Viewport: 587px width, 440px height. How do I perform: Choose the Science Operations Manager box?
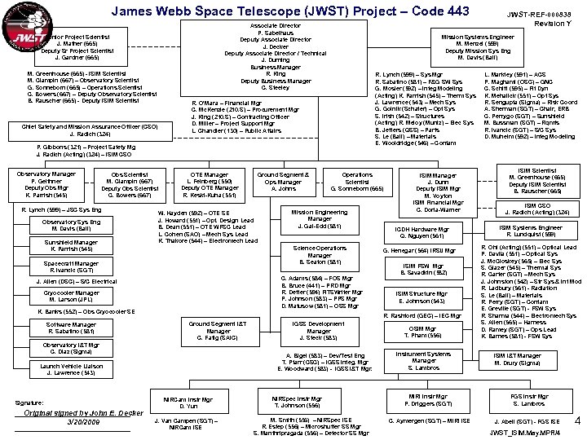319,255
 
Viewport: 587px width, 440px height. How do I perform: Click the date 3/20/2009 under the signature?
73,422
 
